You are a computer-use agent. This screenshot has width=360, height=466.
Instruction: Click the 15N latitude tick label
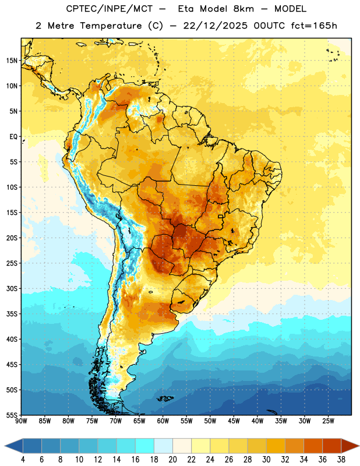(x=12, y=61)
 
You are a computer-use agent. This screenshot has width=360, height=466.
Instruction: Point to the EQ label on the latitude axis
(x=13, y=137)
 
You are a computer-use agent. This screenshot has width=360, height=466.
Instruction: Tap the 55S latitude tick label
(x=12, y=415)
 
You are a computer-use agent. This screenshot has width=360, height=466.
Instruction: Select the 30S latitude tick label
(x=12, y=288)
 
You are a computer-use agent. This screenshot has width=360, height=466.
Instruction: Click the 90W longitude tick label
(x=21, y=421)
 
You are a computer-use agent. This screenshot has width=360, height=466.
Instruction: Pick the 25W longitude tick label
(x=328, y=421)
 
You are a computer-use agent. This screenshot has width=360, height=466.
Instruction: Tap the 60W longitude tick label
(x=163, y=421)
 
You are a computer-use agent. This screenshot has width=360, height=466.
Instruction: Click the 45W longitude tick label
(x=234, y=421)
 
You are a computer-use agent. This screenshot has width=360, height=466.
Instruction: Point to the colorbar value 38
(x=341, y=460)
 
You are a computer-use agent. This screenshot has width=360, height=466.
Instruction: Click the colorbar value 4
(x=23, y=460)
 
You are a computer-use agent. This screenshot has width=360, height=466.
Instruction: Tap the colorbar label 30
(x=266, y=460)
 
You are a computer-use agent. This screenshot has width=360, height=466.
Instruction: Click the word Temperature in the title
(x=111, y=26)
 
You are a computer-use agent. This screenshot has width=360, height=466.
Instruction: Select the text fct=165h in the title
(x=314, y=26)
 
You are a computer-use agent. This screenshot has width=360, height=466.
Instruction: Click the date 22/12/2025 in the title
(x=215, y=26)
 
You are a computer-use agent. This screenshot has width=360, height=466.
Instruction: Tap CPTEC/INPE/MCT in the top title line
(x=110, y=9)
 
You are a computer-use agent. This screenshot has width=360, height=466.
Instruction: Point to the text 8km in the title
(x=243, y=9)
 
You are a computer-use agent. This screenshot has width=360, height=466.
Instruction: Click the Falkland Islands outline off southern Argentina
(x=165, y=398)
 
